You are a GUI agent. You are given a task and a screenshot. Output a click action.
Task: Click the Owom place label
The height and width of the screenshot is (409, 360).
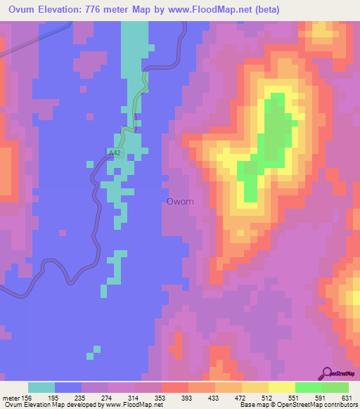click(x=180, y=202)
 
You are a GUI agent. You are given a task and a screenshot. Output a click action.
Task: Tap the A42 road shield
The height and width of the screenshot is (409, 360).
click(x=116, y=152)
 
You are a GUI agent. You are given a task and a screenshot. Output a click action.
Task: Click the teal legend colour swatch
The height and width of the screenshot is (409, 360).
click(x=41, y=387)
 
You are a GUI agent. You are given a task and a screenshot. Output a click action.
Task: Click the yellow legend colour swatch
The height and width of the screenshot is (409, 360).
click(x=282, y=387)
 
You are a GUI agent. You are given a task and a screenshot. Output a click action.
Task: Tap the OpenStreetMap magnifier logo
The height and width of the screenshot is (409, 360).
click(x=328, y=373)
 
